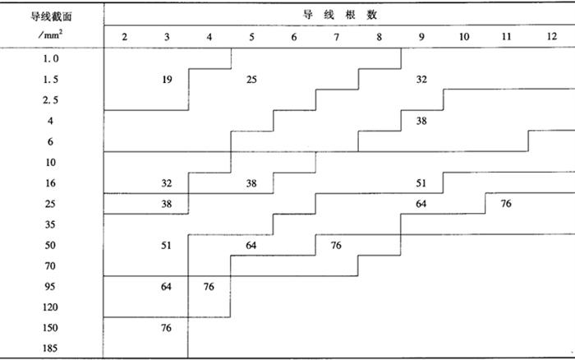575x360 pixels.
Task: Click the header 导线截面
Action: (x=51, y=16)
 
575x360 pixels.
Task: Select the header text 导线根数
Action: (x=339, y=15)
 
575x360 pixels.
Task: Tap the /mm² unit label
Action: (x=51, y=35)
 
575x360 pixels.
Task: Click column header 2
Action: (x=125, y=37)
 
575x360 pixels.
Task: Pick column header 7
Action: (x=336, y=37)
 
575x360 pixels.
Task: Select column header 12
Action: (x=551, y=36)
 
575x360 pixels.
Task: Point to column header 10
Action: (x=464, y=37)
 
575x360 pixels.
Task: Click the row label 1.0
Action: (x=51, y=58)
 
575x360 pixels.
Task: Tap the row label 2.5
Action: (x=51, y=100)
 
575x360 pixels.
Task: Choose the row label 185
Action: (x=50, y=348)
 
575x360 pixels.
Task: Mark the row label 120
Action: (x=50, y=307)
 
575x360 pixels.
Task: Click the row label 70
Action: (x=50, y=265)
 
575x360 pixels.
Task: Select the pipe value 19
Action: (x=167, y=80)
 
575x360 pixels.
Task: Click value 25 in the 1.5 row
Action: (x=251, y=80)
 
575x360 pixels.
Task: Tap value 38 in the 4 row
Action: (x=421, y=121)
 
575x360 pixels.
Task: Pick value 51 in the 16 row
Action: (x=421, y=183)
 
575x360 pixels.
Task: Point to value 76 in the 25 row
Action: (x=506, y=204)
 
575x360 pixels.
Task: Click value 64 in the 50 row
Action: (x=251, y=245)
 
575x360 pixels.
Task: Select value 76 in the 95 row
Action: (x=209, y=287)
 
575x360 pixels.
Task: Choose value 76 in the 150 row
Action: (x=166, y=328)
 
